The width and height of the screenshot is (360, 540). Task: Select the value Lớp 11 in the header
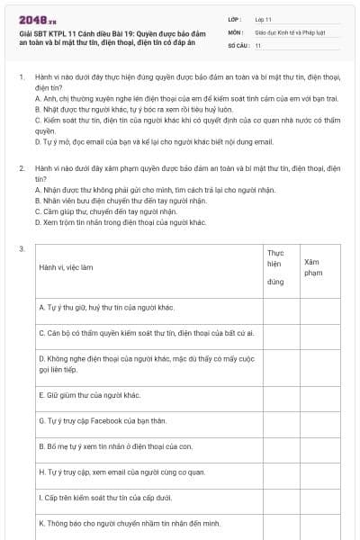pyautogui.click(x=263, y=18)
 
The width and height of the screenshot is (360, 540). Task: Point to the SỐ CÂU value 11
pyautogui.click(x=258, y=45)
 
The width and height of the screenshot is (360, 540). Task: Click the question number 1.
pyautogui.click(x=21, y=79)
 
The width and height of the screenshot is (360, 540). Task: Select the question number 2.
pyautogui.click(x=21, y=167)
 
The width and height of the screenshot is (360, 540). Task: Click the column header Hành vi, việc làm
pyautogui.click(x=67, y=267)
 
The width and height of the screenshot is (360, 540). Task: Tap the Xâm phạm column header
pyautogui.click(x=313, y=266)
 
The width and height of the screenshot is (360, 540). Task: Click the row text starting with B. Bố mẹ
pyautogui.click(x=114, y=445)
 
